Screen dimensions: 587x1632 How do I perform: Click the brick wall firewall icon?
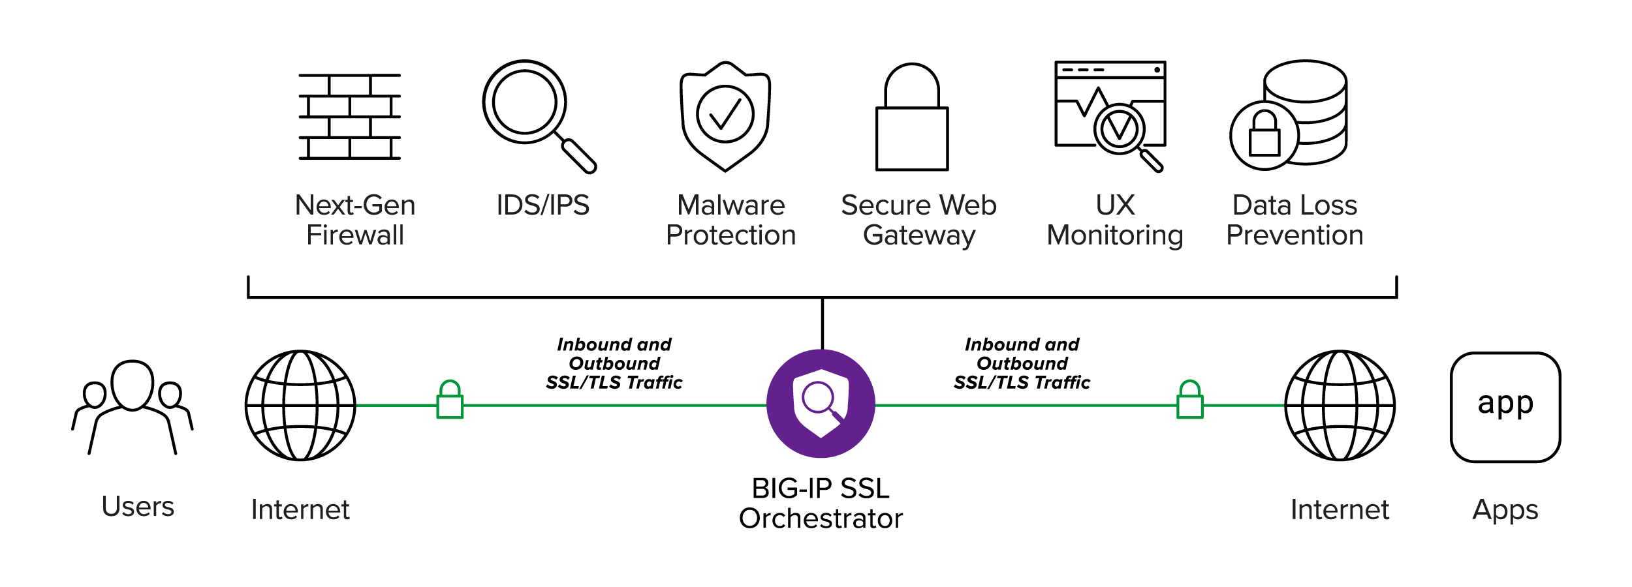pos(350,117)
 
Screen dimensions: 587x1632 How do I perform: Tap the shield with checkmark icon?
pos(725,116)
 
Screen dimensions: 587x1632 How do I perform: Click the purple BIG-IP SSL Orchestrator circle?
pos(821,404)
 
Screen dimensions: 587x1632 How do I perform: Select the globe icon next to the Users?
pos(300,406)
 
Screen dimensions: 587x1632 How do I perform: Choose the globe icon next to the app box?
pos(1340,406)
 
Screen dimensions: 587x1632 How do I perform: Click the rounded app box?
pos(1505,407)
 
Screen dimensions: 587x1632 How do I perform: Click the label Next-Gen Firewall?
pos(355,220)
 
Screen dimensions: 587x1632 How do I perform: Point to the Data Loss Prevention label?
pos(1295,220)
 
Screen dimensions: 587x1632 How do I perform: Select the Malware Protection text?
pos(730,220)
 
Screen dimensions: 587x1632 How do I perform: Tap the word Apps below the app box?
pos(1505,509)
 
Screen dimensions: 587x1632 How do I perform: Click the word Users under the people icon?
pos(138,507)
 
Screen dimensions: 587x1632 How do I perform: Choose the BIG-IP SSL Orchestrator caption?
pos(821,503)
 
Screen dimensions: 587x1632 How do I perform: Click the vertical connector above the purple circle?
pos(823,324)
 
